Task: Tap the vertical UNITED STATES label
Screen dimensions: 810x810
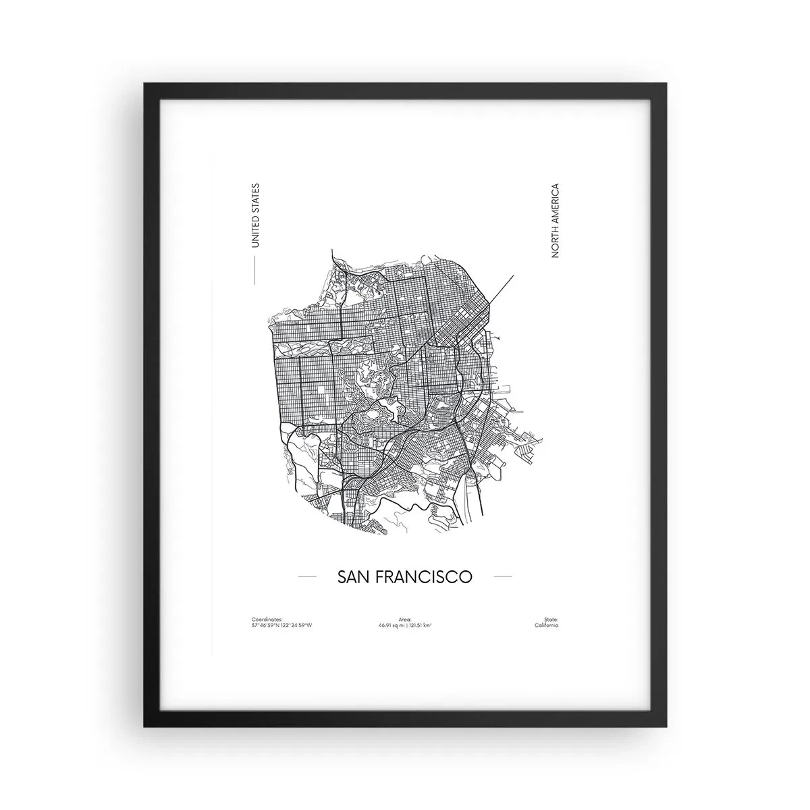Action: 254,215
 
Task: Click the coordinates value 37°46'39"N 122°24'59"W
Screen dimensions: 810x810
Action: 281,626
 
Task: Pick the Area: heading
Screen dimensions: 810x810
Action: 405,619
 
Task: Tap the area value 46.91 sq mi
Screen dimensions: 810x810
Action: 393,626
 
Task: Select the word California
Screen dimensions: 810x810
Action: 546,626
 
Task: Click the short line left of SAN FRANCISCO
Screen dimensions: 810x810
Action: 307,577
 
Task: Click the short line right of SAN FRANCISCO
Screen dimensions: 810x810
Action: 503,577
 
